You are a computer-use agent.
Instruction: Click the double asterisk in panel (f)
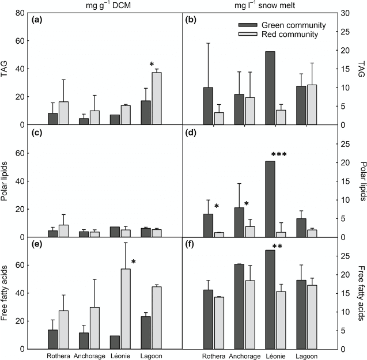coord(269,247)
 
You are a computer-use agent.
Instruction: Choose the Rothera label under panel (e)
coord(58,355)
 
